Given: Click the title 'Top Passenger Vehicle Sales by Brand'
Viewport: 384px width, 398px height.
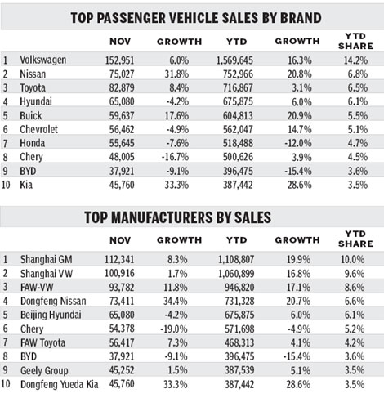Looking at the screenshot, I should [x=192, y=16].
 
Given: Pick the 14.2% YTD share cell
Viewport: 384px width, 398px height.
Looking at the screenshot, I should [x=351, y=60].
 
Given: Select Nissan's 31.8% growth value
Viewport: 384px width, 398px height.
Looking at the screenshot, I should [x=182, y=75].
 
